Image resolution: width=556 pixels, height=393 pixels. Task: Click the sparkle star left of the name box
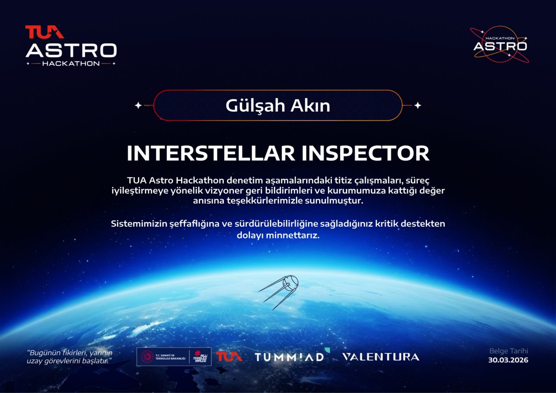click(x=138, y=106)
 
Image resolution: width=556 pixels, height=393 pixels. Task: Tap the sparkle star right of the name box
click(x=417, y=106)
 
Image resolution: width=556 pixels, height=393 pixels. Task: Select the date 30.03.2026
click(x=508, y=360)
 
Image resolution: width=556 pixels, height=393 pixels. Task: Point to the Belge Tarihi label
click(x=508, y=351)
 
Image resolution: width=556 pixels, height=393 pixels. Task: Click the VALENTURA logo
click(x=380, y=357)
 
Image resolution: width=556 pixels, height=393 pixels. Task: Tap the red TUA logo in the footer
click(x=229, y=357)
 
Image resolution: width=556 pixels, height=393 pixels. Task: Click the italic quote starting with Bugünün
click(x=69, y=356)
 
